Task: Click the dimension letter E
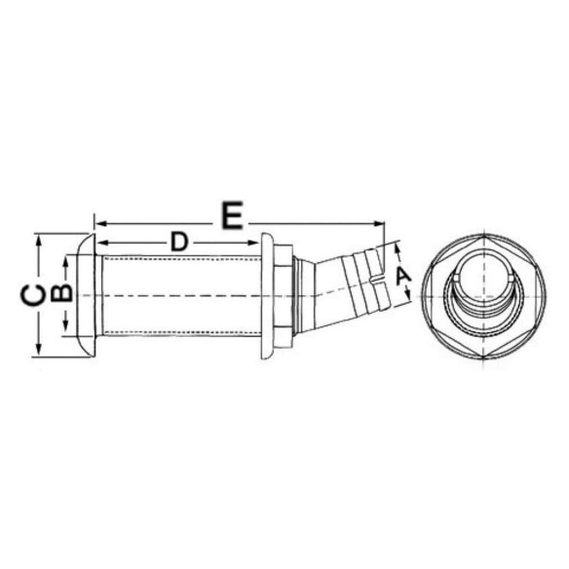coord(233,215)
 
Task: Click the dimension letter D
coord(179,242)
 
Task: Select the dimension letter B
coord(62,292)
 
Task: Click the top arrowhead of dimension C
coord(38,241)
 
